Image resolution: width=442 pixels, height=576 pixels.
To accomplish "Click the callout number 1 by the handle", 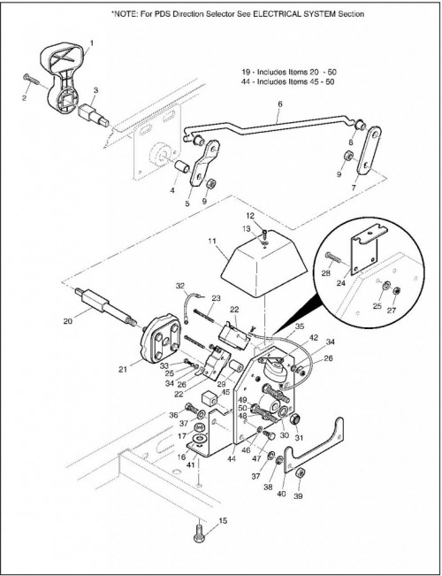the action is pos(91,43).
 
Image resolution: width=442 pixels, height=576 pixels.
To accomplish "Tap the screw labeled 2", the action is pos(31,79).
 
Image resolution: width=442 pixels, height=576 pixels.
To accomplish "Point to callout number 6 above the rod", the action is pos(280,104).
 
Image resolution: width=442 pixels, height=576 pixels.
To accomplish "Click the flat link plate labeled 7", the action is pos(370,151).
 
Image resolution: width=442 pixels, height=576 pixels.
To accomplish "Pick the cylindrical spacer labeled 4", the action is pos(181,167).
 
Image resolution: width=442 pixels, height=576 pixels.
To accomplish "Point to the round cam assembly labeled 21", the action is pos(161,338).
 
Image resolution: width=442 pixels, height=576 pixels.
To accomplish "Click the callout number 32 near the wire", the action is pos(180,285).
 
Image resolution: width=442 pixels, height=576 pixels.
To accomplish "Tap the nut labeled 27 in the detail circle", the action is pos(397,291).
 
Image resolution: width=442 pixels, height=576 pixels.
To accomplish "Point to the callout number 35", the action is pos(300,326).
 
